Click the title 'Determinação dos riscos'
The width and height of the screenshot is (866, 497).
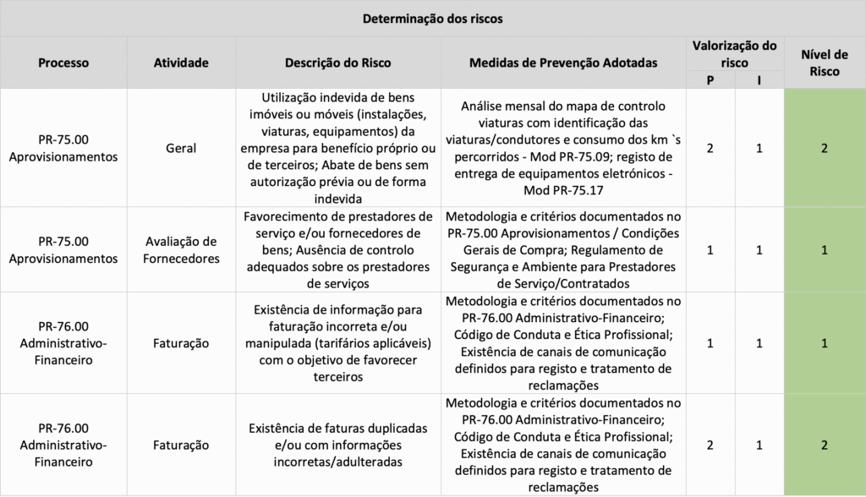point(432,18)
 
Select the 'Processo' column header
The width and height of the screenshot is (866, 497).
point(63,63)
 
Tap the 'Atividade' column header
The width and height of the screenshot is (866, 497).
point(181,63)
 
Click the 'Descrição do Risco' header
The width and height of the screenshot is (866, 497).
point(337,63)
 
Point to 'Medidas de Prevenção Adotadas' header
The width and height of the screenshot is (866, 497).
point(562,63)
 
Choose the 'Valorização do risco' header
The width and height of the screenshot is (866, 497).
point(734,54)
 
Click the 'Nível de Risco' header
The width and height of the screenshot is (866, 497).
point(825,63)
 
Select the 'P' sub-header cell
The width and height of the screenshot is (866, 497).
point(710,80)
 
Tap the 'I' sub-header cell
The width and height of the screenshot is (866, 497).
point(759,80)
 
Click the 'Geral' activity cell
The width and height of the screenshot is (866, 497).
point(181,148)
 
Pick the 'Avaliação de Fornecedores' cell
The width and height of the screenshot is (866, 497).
point(181,250)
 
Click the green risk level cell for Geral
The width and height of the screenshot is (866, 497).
point(825,148)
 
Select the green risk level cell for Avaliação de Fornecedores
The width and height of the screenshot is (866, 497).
point(825,250)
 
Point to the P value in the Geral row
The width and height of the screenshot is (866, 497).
point(710,148)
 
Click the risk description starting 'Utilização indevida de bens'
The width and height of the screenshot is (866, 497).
point(337,148)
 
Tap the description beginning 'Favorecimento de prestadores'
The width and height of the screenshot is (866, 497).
point(337,250)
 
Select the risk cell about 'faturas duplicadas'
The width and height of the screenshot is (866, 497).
point(337,445)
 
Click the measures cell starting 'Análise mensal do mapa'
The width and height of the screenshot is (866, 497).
point(562,148)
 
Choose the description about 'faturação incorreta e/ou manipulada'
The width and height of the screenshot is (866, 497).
point(337,343)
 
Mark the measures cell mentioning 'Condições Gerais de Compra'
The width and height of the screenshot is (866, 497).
point(562,250)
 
